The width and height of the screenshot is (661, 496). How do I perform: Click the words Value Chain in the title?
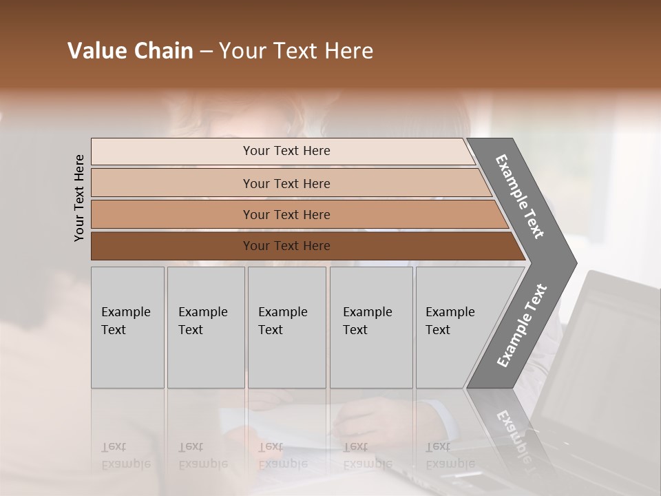tap(130, 51)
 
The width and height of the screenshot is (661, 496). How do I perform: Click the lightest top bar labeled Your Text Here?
tap(286, 151)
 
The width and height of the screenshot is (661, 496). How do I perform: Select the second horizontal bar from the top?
tap(286, 183)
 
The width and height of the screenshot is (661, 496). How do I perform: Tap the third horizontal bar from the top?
tap(286, 214)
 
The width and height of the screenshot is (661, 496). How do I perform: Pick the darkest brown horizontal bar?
tap(286, 246)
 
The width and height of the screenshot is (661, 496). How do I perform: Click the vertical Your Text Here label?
tap(79, 198)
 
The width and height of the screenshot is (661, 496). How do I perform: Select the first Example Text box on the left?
tap(127, 327)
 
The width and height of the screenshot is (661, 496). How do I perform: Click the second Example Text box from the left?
tap(204, 327)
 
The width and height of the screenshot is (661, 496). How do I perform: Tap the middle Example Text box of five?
tap(286, 327)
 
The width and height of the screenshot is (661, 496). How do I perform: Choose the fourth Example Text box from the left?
tap(370, 327)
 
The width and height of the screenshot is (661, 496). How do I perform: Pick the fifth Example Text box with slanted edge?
tap(454, 327)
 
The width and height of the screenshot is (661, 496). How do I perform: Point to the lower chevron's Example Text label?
tap(522, 325)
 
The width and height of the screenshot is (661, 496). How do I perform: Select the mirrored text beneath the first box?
tap(125, 455)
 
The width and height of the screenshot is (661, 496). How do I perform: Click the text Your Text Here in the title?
tap(296, 51)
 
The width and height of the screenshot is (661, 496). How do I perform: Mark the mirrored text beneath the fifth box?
tap(450, 455)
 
